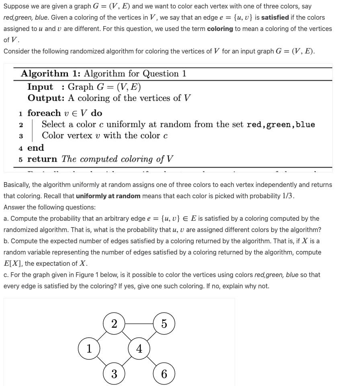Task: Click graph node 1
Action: [x=89, y=348]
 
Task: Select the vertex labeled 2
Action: [x=114, y=323]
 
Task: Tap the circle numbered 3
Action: [x=114, y=374]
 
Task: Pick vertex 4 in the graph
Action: [x=139, y=348]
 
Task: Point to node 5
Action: [x=164, y=323]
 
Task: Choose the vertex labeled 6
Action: [x=164, y=374]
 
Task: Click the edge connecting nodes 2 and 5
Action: [x=139, y=323]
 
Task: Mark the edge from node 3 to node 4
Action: [x=127, y=361]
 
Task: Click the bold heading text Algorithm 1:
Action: [x=51, y=74]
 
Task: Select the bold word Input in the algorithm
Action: [x=40, y=87]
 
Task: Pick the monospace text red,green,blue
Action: [x=280, y=125]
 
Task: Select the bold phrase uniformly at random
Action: [x=108, y=196]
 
